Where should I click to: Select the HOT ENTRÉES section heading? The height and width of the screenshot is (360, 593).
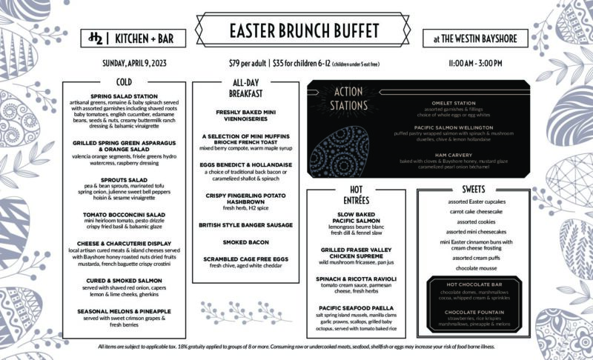coord(355,194)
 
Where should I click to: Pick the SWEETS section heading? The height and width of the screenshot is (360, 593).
coord(473,189)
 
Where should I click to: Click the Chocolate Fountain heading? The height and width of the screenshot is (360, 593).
coord(472,312)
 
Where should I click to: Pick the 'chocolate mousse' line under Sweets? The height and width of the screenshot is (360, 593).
coord(472,268)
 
